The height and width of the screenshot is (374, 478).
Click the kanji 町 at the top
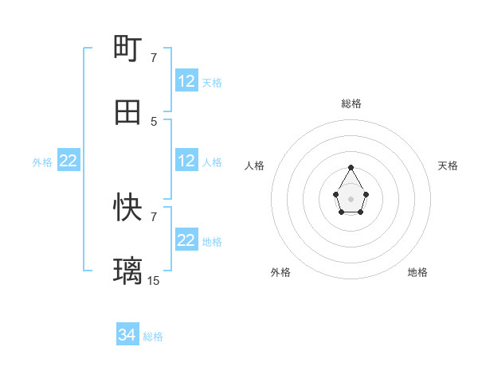click(128, 48)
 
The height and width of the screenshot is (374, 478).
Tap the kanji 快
click(128, 208)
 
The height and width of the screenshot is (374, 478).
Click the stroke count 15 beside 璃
click(154, 280)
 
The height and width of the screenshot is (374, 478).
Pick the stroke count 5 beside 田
click(154, 121)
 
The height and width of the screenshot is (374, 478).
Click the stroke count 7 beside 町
click(154, 57)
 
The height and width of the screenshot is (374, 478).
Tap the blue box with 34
click(127, 336)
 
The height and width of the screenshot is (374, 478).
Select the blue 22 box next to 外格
click(69, 161)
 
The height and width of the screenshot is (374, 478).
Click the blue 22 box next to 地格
click(186, 240)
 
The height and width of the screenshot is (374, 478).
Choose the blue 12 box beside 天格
click(186, 81)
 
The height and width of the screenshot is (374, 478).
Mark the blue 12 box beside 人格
click(186, 161)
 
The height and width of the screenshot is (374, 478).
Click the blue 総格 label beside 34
click(153, 337)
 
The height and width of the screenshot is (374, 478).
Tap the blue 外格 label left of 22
click(42, 162)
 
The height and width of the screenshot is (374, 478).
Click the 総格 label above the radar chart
click(351, 103)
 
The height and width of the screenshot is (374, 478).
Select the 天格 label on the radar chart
click(448, 166)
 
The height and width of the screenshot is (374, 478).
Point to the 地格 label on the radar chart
click(417, 272)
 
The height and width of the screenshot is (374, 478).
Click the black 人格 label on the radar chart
click(255, 166)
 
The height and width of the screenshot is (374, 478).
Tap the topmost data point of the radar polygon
click(351, 167)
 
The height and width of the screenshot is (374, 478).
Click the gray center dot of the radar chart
click(351, 198)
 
